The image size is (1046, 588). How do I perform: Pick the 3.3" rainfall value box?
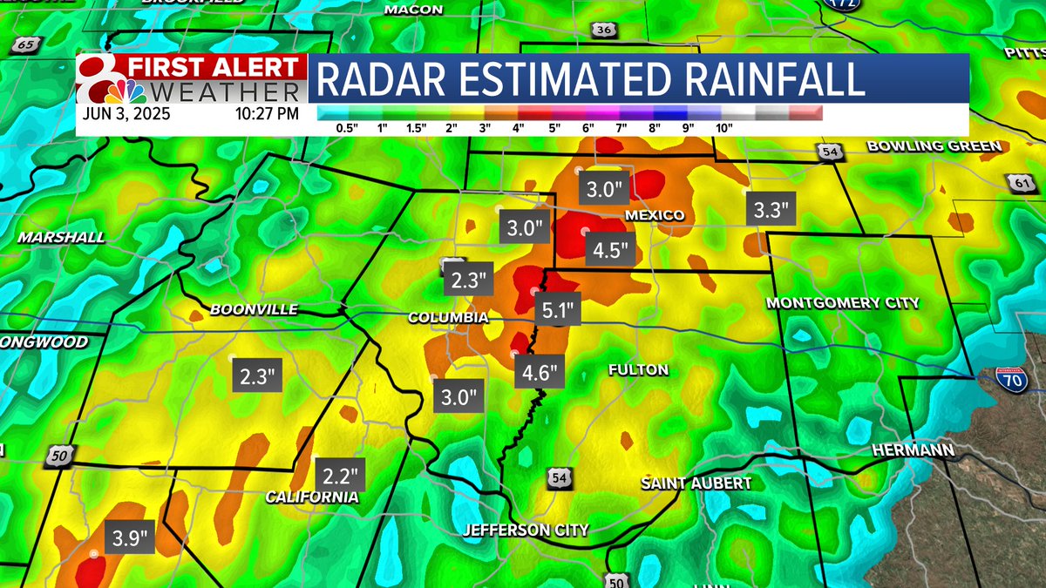coord(772,209)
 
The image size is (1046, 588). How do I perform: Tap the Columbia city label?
coord(448,318)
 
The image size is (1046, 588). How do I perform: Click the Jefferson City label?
coord(526,530)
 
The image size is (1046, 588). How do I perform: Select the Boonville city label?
coord(254,309)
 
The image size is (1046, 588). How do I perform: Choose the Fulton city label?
coord(639,369)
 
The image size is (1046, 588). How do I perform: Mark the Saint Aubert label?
coord(696,483)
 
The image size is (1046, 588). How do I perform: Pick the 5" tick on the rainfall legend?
coord(554,127)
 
